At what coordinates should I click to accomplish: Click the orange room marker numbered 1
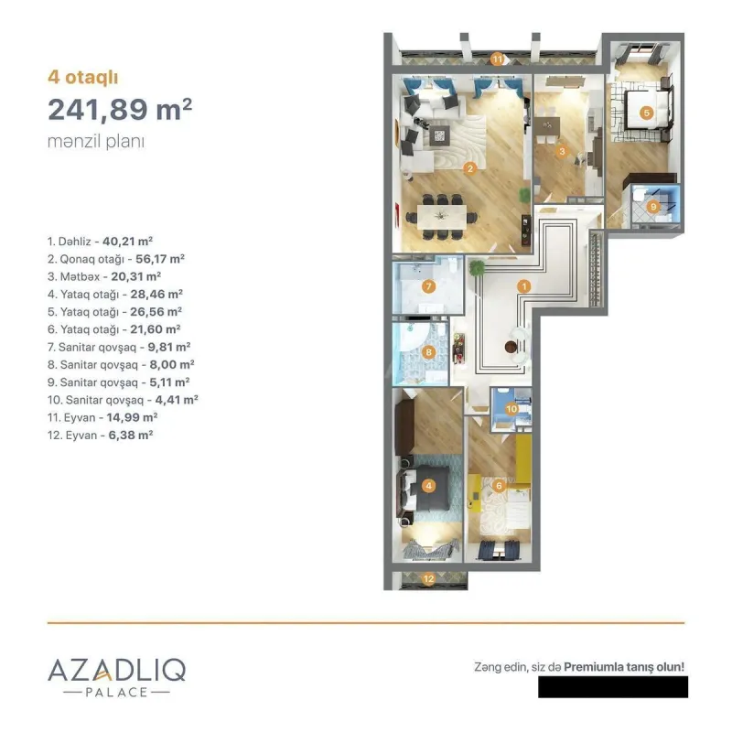(523, 286)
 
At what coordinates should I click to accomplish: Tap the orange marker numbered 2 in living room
(469, 167)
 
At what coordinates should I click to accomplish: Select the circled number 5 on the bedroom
(646, 113)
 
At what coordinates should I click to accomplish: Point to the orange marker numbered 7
(427, 286)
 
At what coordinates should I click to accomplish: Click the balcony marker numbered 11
(497, 59)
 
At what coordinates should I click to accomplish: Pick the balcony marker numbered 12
(428, 577)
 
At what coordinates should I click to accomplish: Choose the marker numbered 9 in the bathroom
(652, 207)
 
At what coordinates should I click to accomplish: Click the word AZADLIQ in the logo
(116, 670)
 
